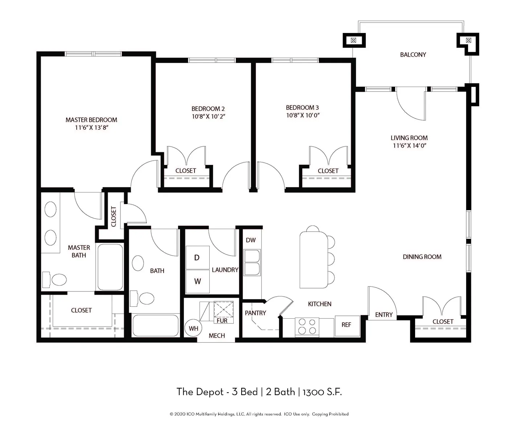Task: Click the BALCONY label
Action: click(x=413, y=55)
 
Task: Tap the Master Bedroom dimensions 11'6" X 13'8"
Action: click(x=91, y=128)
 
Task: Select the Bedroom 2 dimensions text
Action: click(x=208, y=116)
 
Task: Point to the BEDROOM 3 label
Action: click(x=302, y=108)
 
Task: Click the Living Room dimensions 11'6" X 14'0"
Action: click(x=409, y=146)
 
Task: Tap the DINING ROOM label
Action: click(x=422, y=257)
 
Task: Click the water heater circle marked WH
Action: click(x=193, y=328)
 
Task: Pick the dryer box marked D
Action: click(x=197, y=257)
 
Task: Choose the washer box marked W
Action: click(x=197, y=281)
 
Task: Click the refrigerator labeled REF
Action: click(x=346, y=325)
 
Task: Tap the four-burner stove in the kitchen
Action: click(x=307, y=326)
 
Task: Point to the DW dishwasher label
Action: click(x=251, y=240)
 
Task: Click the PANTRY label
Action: click(x=255, y=313)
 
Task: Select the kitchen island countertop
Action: click(x=313, y=260)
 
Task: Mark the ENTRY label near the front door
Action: click(x=384, y=315)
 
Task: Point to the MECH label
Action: click(x=217, y=336)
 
